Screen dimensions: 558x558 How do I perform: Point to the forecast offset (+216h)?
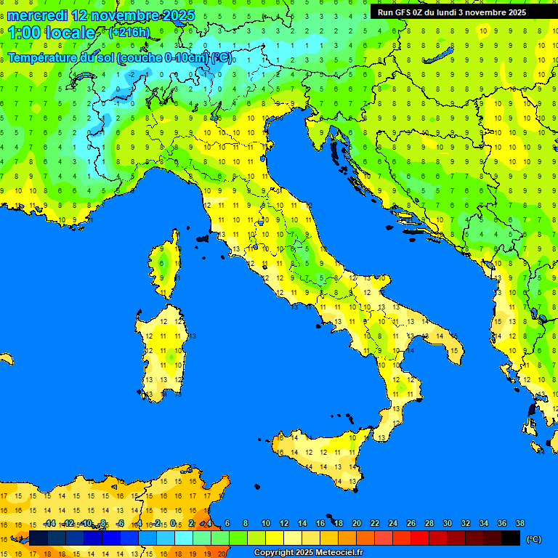tap(129, 33)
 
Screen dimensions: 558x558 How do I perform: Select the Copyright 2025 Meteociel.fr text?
tap(307, 553)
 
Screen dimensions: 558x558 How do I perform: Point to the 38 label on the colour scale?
tap(519, 523)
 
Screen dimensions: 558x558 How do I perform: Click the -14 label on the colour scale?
tap(49, 523)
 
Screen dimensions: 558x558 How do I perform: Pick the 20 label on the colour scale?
tap(356, 523)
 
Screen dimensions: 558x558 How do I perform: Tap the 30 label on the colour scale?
tap(447, 523)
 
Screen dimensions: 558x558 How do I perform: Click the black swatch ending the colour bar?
tap(511, 538)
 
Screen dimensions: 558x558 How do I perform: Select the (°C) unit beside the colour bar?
tap(533, 539)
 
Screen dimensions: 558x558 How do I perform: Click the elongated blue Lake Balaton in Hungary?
tap(440, 57)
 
